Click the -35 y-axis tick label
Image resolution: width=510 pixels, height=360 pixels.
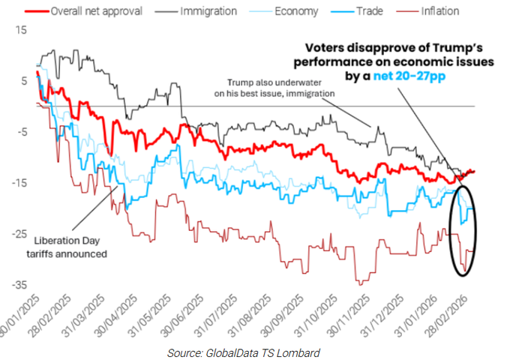click(x=18, y=285)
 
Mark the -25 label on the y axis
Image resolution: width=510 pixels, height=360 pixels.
click(x=18, y=234)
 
